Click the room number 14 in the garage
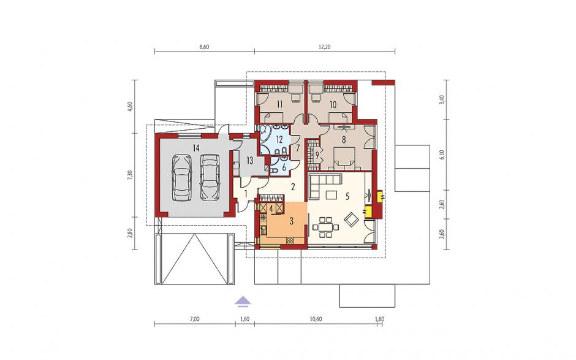(x=196, y=148)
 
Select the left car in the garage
(x=182, y=178)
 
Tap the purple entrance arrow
(x=243, y=301)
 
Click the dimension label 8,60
(x=204, y=47)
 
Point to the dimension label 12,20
(x=325, y=47)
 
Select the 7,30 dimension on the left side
(x=130, y=175)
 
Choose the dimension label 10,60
(x=316, y=319)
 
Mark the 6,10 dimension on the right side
(x=442, y=155)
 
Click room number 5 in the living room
(x=347, y=196)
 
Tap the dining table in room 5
(x=325, y=228)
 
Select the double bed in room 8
(x=344, y=158)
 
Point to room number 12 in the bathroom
(x=279, y=140)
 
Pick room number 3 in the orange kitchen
(x=292, y=221)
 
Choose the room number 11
(x=279, y=104)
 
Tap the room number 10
(x=333, y=104)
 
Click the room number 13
(x=250, y=160)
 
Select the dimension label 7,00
(x=195, y=319)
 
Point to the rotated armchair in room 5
(x=351, y=220)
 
